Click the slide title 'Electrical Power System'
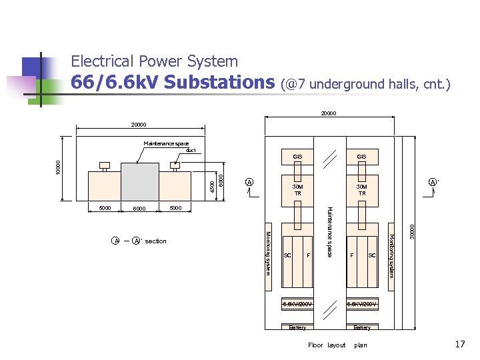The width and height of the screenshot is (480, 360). click(x=154, y=62)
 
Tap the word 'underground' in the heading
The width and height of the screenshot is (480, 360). click(x=343, y=84)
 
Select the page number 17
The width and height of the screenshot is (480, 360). click(x=459, y=345)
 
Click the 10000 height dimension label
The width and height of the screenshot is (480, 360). click(x=58, y=167)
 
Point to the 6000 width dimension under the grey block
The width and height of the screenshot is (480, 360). click(x=139, y=209)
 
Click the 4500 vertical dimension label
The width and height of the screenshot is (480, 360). click(x=213, y=180)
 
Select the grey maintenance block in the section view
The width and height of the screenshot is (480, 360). click(x=139, y=181)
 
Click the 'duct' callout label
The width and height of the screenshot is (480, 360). click(x=191, y=150)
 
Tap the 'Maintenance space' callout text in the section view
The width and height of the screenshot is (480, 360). click(x=166, y=143)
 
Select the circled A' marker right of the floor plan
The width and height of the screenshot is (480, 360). click(x=433, y=182)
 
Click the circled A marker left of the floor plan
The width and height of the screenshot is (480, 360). click(x=249, y=182)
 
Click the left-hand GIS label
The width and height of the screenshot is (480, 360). click(x=297, y=157)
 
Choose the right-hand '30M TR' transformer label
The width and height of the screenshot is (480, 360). click(x=361, y=190)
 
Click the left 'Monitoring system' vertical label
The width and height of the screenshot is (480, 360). click(x=268, y=252)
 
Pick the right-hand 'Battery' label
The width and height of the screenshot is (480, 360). click(x=362, y=327)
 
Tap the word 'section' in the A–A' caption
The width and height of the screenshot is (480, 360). click(x=155, y=241)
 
